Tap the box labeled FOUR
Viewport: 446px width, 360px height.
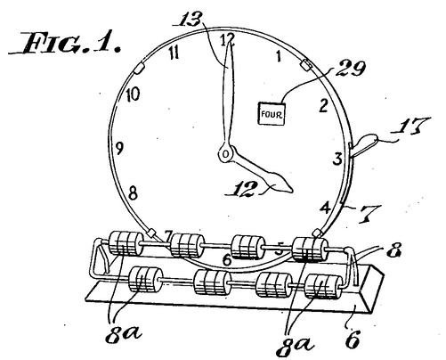pyautogui.click(x=272, y=113)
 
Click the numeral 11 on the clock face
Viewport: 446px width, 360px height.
pyautogui.click(x=174, y=53)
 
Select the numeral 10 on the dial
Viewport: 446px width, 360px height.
pyautogui.click(x=133, y=95)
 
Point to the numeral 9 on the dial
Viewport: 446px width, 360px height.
pyautogui.click(x=119, y=148)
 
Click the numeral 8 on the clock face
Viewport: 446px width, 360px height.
pyautogui.click(x=133, y=193)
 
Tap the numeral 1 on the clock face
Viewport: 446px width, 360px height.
pyautogui.click(x=278, y=56)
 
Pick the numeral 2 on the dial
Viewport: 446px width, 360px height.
pyautogui.click(x=323, y=106)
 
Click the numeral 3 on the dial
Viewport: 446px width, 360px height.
pyautogui.click(x=337, y=159)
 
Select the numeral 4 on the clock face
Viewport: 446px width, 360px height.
pyautogui.click(x=326, y=208)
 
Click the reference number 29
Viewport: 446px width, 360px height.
pyautogui.click(x=350, y=69)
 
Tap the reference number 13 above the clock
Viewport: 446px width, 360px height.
pyautogui.click(x=191, y=19)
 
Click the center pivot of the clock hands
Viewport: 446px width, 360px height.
pyautogui.click(x=225, y=153)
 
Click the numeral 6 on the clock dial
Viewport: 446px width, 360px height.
pyautogui.click(x=226, y=260)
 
